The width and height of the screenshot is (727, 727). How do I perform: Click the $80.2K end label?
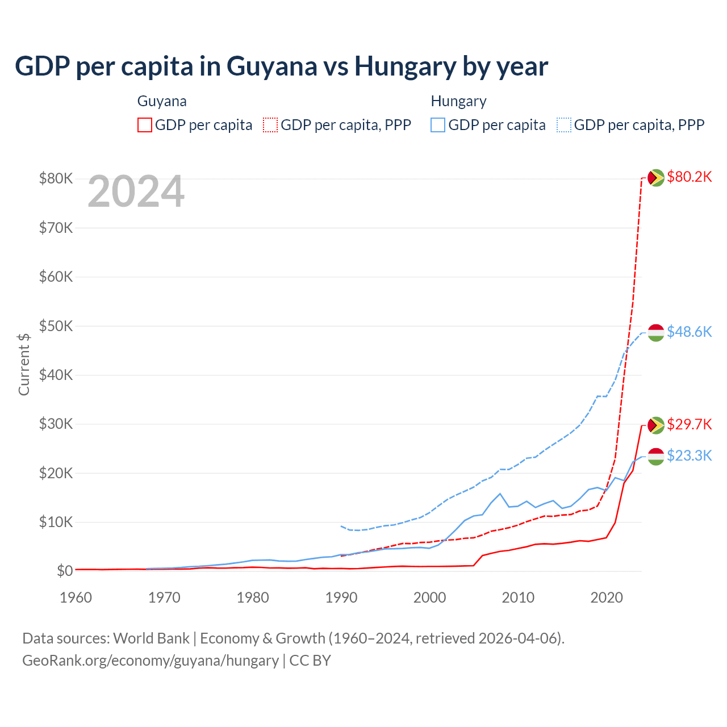pos(689,177)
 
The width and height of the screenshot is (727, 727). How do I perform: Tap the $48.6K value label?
pos(689,332)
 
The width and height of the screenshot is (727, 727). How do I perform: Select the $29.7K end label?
pos(689,424)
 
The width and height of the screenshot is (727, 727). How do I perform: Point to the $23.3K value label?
pos(689,456)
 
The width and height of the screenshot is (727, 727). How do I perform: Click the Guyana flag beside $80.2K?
pos(656,178)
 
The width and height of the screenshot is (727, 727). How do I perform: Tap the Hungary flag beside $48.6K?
pos(656,333)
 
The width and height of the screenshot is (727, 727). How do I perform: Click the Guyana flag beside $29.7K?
pos(656,425)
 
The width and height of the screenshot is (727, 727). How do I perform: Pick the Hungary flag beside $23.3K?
pos(656,456)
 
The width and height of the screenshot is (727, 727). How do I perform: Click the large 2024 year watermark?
pos(136,191)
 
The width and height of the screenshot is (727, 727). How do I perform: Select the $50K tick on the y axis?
pos(56,326)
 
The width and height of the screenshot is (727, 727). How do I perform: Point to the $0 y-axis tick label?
pos(65,571)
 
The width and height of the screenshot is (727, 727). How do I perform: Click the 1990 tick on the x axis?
pos(341,598)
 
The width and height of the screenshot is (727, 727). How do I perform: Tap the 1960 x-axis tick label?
pos(76,598)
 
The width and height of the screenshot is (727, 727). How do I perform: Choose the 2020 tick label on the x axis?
pos(607,598)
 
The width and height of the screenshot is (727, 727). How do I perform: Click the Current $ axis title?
pos(24,364)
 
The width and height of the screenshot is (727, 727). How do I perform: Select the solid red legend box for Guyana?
pos(145,125)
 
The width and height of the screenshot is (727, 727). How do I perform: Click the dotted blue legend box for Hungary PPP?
pos(564,125)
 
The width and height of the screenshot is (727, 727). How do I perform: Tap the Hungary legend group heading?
pos(458,101)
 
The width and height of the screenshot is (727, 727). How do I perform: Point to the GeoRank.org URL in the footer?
pos(151,661)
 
